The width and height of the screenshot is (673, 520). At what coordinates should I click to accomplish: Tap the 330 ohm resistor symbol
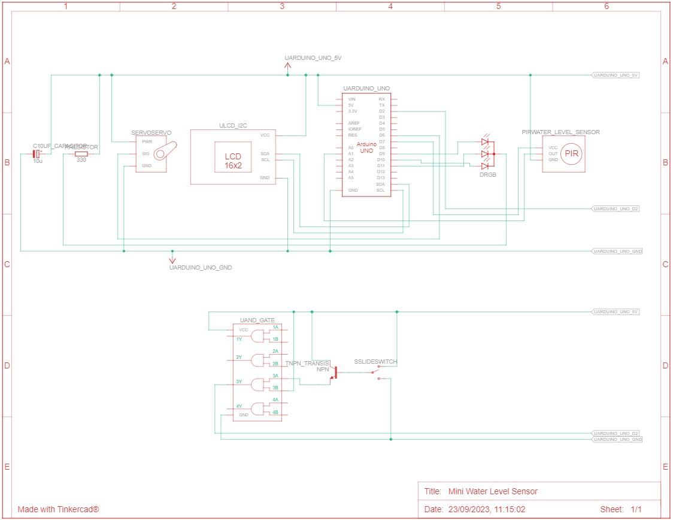coord(81,154)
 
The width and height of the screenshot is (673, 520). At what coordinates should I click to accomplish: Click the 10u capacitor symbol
coord(37,154)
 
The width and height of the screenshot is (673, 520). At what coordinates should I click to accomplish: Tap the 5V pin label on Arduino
coord(351,105)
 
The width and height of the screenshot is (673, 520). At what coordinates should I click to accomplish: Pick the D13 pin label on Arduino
coord(381,178)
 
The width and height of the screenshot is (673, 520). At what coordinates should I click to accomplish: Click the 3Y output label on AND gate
coord(239,382)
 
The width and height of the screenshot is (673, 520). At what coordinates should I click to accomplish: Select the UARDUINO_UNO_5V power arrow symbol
coord(287,66)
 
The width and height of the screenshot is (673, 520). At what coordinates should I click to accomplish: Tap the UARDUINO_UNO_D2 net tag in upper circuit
coord(616,208)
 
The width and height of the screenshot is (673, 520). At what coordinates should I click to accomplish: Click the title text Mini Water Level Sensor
coord(493,491)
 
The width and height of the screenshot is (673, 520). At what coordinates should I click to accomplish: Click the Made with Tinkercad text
coord(58,509)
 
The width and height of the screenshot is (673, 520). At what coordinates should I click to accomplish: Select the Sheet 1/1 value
coord(635,509)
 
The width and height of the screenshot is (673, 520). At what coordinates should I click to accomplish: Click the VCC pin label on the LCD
coord(265,135)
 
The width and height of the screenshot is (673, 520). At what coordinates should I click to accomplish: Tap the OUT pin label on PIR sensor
coord(553,153)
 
